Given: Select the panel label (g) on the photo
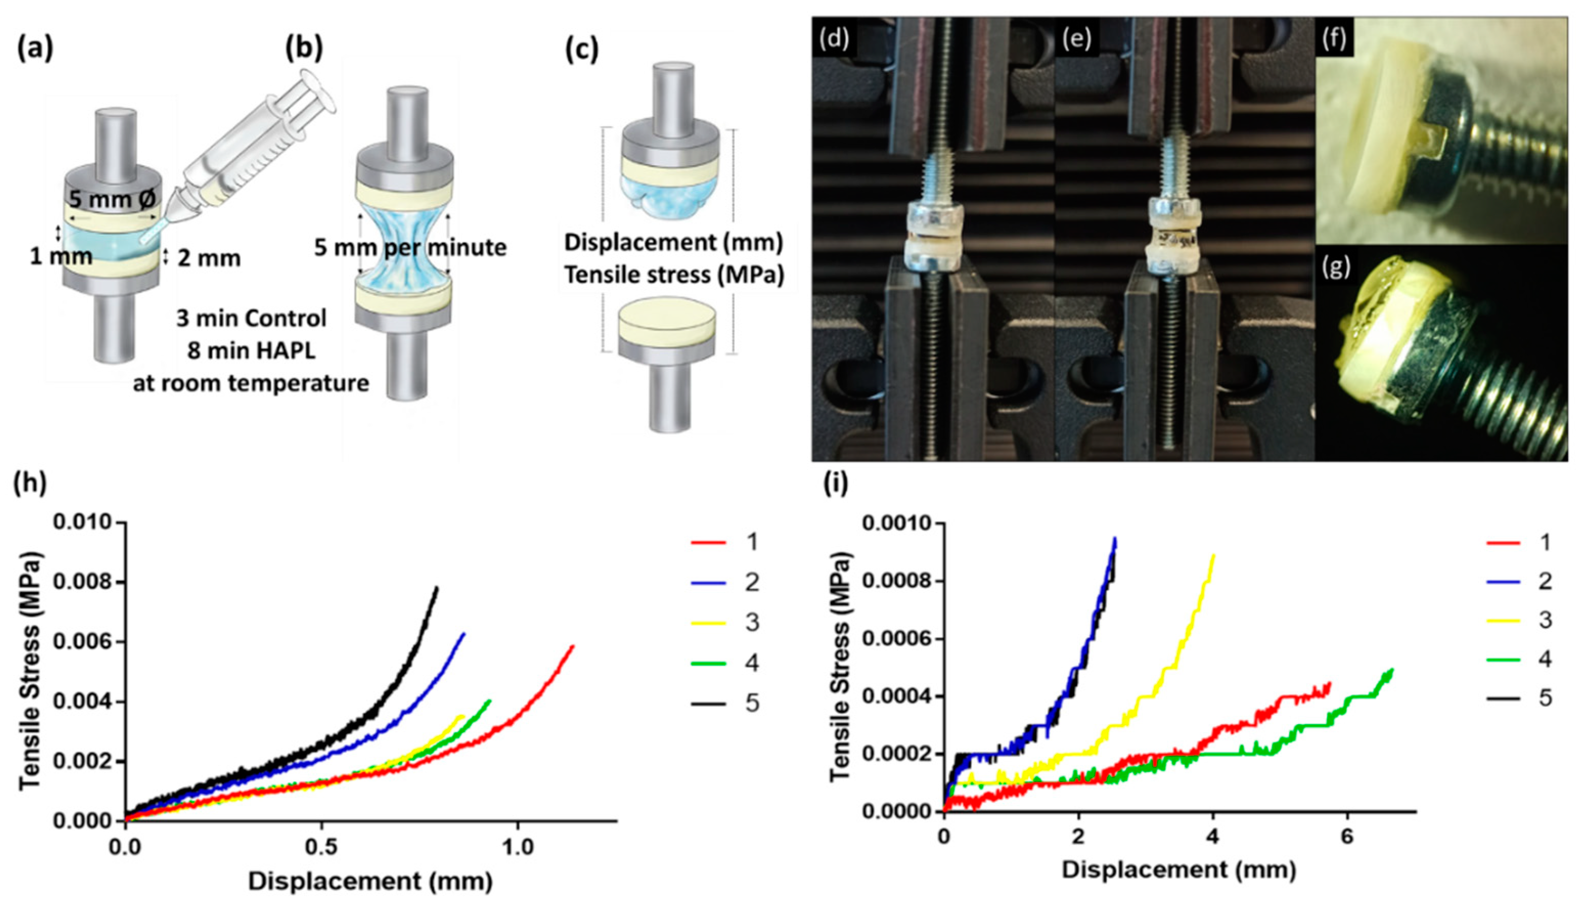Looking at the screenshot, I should pos(1335,267).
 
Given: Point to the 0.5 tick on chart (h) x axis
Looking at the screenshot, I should pos(321,848).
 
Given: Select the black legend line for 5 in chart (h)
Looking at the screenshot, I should pos(708,703).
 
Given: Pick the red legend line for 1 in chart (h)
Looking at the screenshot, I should pos(708,542).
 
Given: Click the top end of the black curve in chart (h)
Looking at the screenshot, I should pos(437,587).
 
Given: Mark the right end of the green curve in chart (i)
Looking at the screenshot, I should pos(1392,670).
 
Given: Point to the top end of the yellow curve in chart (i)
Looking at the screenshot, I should pos(1213,555).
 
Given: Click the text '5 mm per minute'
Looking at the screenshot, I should pos(410,247).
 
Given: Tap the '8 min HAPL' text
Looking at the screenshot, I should pos(251,351).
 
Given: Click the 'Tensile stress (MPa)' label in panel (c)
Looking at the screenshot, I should pos(673,275).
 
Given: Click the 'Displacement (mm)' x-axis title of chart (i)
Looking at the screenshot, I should pos(1179,869).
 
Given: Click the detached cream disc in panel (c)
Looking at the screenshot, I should pos(666,323).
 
